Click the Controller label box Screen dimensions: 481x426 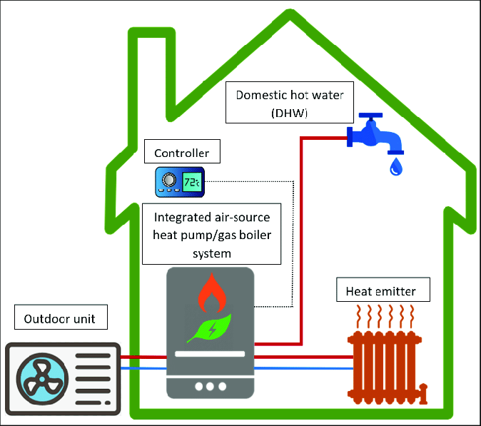click(x=182, y=151)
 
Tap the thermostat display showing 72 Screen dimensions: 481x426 click(x=193, y=182)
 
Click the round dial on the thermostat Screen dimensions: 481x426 click(x=169, y=180)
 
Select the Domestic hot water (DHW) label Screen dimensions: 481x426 click(x=290, y=103)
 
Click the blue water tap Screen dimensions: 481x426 click(x=375, y=135)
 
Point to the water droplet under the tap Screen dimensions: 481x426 click(x=396, y=166)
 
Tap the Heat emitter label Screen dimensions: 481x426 click(x=383, y=290)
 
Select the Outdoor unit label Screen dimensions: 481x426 click(x=61, y=317)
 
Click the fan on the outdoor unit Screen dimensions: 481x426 click(x=42, y=379)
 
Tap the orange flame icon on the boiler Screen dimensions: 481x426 click(x=212, y=293)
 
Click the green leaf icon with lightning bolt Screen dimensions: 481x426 click(x=210, y=328)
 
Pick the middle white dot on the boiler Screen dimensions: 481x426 click(x=210, y=387)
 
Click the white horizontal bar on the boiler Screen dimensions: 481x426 click(x=210, y=354)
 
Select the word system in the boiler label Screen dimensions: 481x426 click(x=212, y=254)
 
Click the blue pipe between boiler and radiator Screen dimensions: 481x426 click(x=304, y=368)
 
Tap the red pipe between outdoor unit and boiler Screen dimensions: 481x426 click(x=143, y=357)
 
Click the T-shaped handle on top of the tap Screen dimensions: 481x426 click(x=371, y=116)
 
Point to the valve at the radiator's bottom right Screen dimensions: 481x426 click(x=423, y=392)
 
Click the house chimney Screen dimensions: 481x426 click(x=151, y=73)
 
